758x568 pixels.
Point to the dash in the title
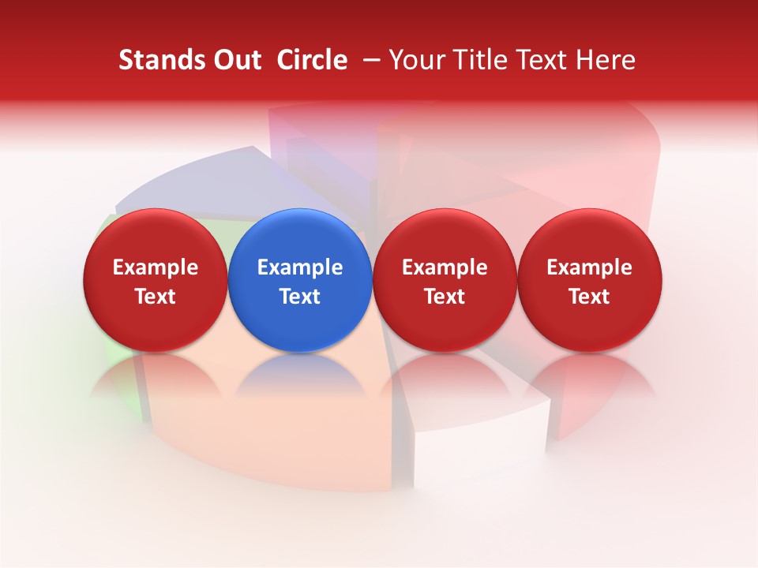point(370,61)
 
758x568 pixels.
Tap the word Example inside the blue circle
point(300,268)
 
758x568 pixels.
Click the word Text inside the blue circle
point(300,297)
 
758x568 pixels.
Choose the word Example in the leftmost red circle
point(156,268)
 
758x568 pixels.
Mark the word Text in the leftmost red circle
point(156,297)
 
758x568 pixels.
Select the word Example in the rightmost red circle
point(590,268)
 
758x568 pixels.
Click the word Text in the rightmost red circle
point(590,297)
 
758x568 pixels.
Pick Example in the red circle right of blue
point(445,268)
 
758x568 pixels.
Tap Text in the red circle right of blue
point(445,297)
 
